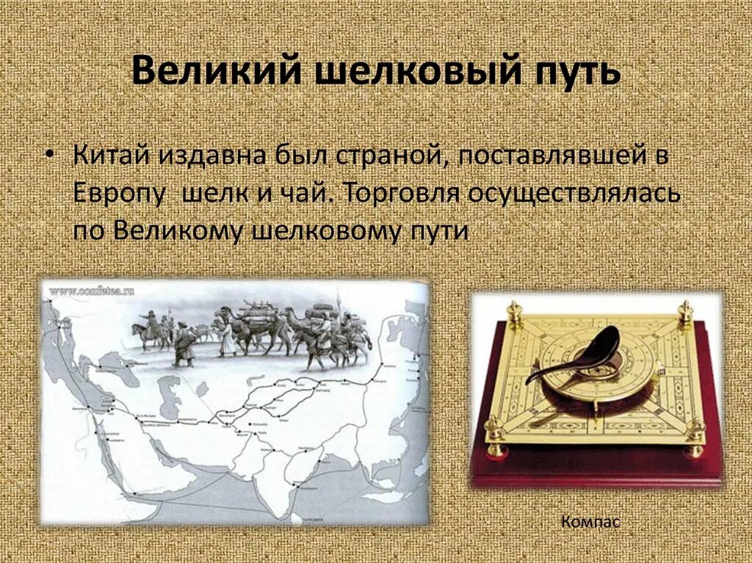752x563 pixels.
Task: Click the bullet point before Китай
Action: [49, 159]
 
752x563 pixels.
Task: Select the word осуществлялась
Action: [573, 194]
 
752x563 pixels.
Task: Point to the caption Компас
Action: [590, 522]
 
